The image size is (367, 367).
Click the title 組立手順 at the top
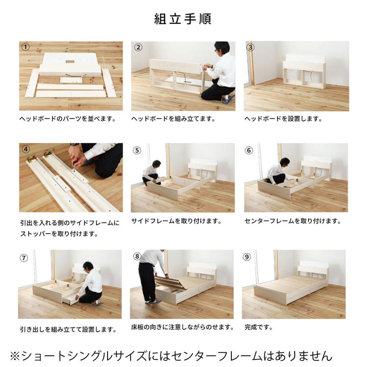(x=183, y=19)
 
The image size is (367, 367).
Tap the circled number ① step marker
(x=25, y=47)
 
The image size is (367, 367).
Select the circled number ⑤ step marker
(x=137, y=150)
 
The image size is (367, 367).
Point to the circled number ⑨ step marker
(x=247, y=257)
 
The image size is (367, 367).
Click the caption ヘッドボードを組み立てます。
(x=173, y=119)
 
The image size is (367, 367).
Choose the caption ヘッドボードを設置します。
(x=283, y=119)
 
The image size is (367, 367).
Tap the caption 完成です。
(x=258, y=327)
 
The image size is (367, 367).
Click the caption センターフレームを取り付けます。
(x=293, y=221)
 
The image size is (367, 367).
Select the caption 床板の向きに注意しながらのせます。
(x=182, y=327)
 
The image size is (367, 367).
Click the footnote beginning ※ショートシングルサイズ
(x=171, y=356)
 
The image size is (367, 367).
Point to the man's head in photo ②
(x=222, y=48)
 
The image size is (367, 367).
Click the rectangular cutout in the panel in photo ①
(x=70, y=62)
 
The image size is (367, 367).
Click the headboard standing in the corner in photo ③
(x=304, y=71)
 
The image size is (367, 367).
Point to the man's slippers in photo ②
(x=228, y=99)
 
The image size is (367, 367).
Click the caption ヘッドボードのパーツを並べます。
(x=68, y=119)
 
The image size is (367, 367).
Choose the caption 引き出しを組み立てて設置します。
(x=68, y=330)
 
